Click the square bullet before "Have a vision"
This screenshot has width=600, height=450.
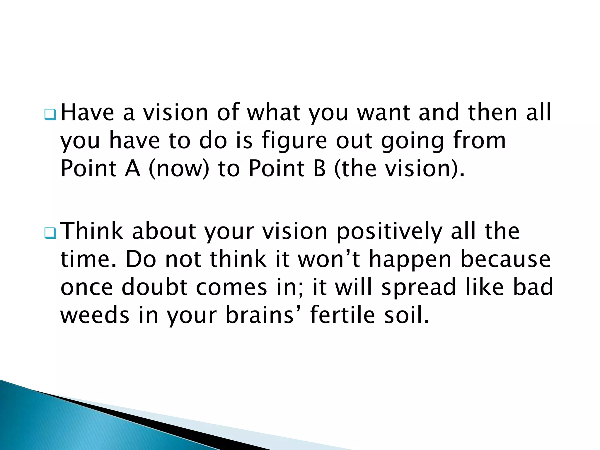[x=50, y=115]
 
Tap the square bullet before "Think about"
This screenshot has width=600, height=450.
[x=50, y=233]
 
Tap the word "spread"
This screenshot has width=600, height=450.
[x=419, y=288]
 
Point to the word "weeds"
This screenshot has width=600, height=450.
[x=95, y=315]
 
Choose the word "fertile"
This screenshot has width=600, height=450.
[x=342, y=315]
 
